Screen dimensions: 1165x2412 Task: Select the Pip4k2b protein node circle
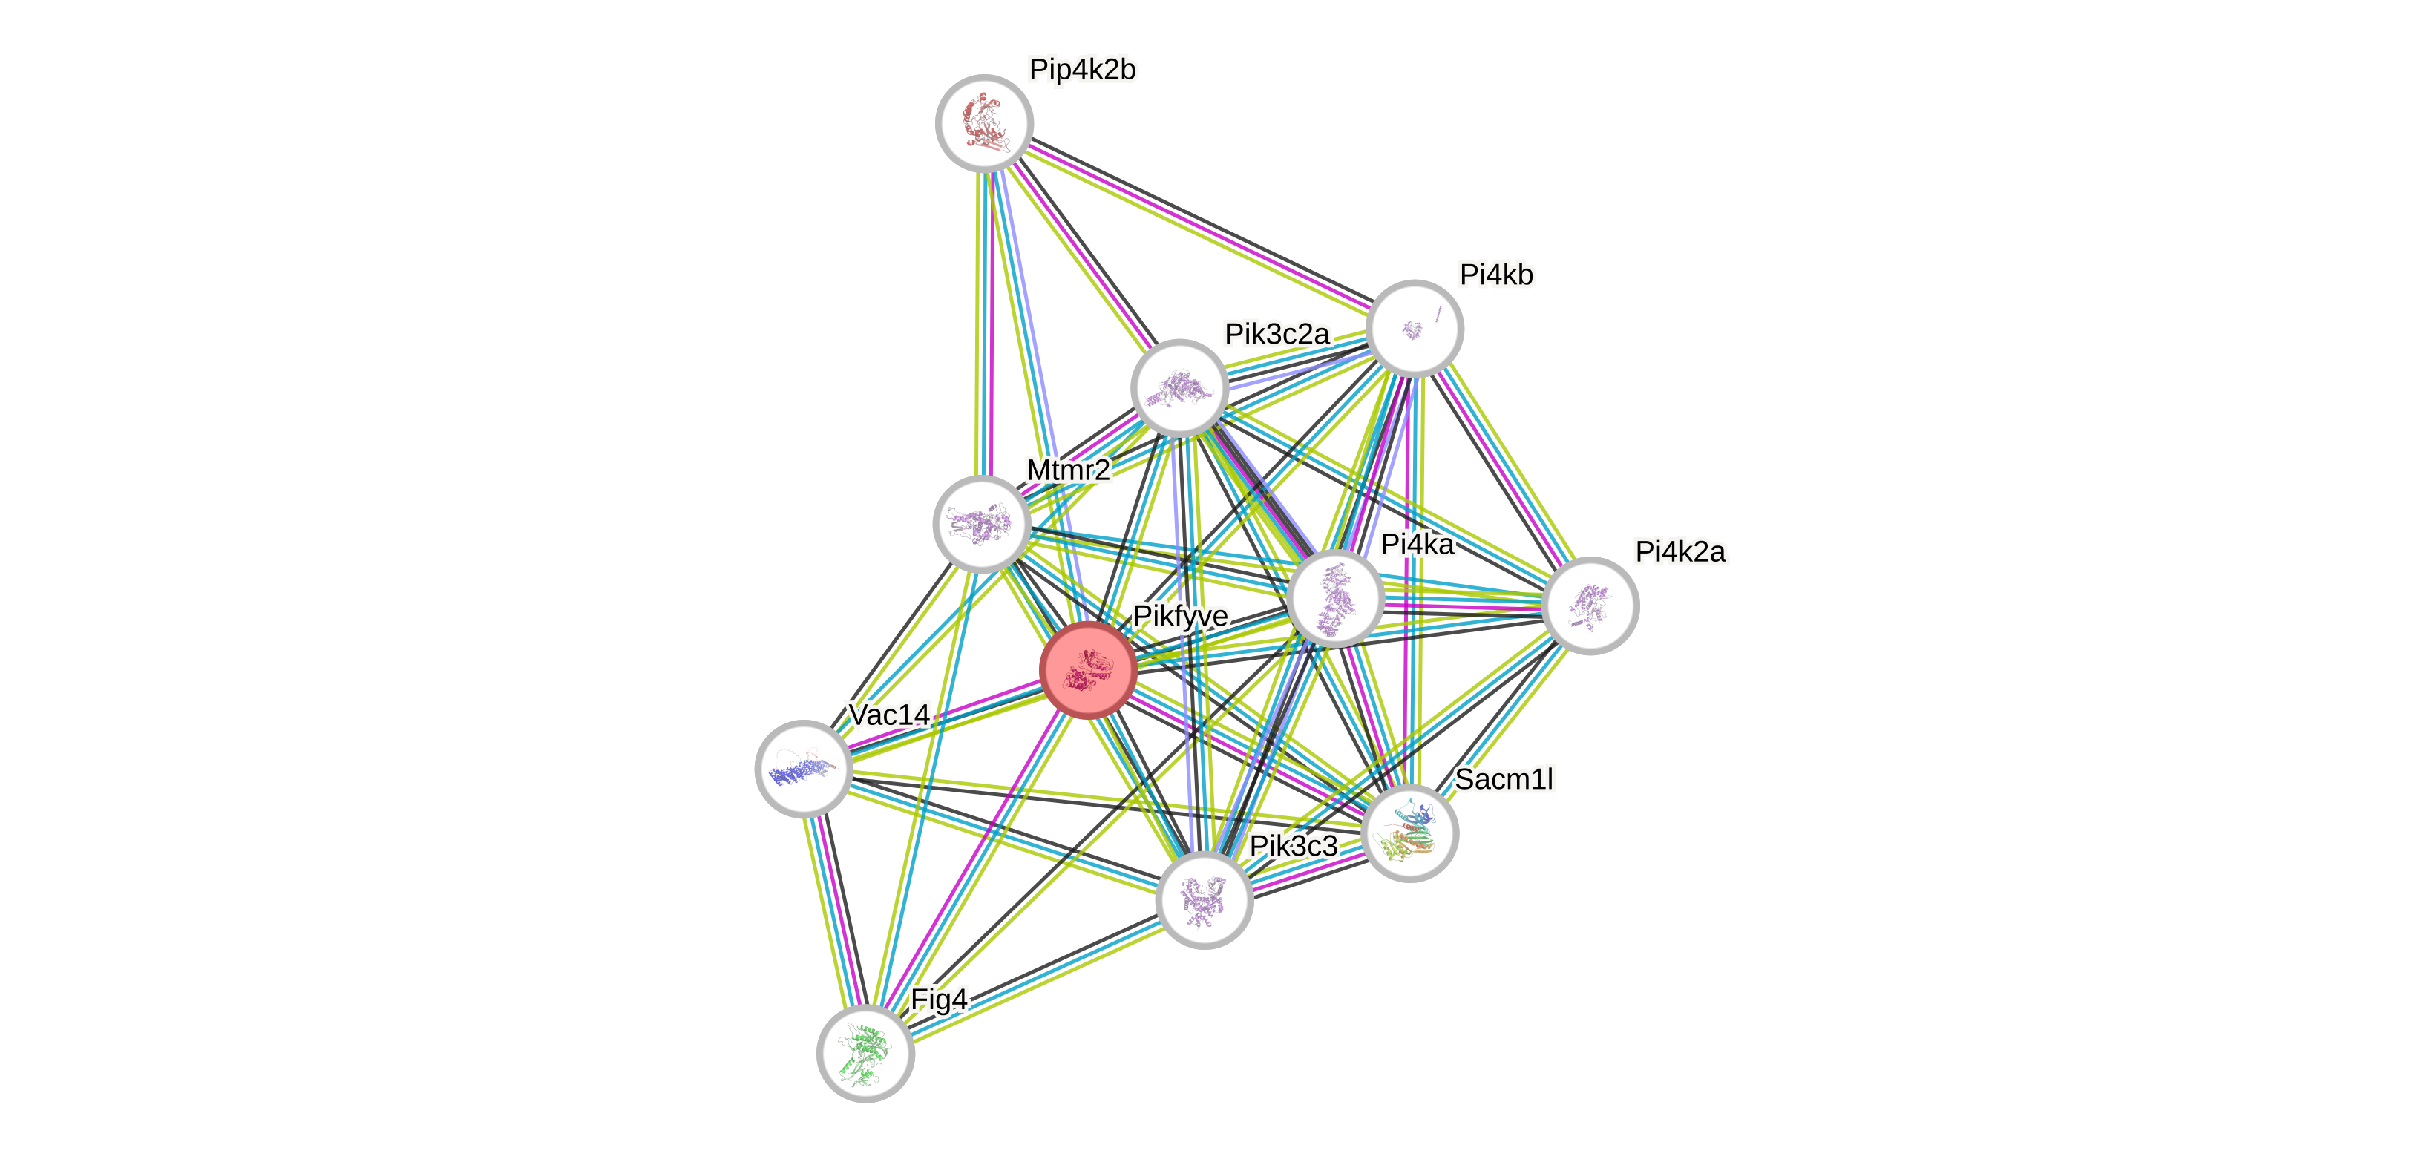click(x=984, y=122)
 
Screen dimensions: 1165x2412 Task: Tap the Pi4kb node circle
click(x=1414, y=329)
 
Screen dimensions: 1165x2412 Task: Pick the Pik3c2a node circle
click(x=1179, y=387)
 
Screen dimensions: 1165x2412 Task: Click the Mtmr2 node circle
click(x=981, y=523)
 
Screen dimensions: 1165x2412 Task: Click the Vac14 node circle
click(x=802, y=769)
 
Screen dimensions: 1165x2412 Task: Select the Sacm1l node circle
click(x=1409, y=833)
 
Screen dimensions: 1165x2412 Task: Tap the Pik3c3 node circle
click(x=1204, y=900)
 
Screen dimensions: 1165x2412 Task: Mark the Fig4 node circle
click(x=865, y=1053)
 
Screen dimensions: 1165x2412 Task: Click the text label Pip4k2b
click(x=1082, y=69)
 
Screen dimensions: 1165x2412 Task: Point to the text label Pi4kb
click(x=1496, y=275)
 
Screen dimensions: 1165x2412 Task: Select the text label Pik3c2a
click(x=1277, y=333)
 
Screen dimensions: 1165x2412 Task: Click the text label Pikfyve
click(x=1180, y=616)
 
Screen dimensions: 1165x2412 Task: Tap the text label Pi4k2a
click(x=1679, y=551)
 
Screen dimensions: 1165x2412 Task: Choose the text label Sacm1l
click(x=1504, y=778)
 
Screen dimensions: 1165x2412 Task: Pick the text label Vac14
click(x=888, y=715)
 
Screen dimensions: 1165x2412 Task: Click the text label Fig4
click(x=939, y=1000)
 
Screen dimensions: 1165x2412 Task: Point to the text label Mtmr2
click(x=1069, y=469)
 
